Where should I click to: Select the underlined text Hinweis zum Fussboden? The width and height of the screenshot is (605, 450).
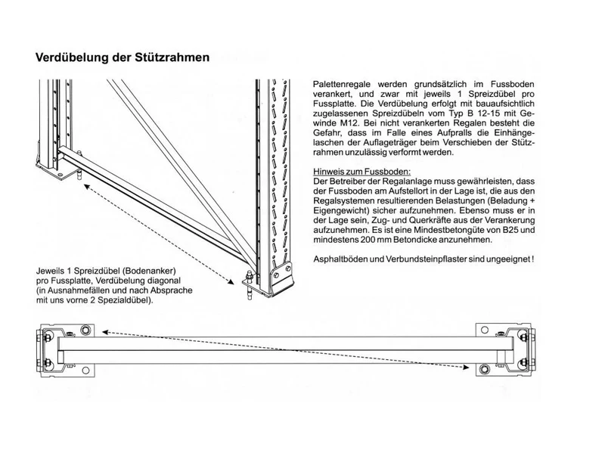point(361,172)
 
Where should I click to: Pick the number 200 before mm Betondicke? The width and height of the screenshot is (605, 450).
point(368,240)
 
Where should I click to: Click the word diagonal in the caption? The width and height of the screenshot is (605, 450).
point(165,281)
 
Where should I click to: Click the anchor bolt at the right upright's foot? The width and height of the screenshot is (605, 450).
point(249,286)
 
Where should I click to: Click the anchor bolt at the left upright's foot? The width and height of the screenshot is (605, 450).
point(80,173)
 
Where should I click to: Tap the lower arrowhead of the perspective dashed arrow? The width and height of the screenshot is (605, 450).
point(231,282)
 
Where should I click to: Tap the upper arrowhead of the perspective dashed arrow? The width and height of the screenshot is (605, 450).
point(88,187)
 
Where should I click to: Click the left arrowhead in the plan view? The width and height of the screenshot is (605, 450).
point(106,332)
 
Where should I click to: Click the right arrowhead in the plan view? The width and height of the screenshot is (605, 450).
point(465,368)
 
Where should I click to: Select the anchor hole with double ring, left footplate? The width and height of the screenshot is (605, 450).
point(85,330)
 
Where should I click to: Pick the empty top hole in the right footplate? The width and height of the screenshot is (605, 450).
point(484,330)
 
